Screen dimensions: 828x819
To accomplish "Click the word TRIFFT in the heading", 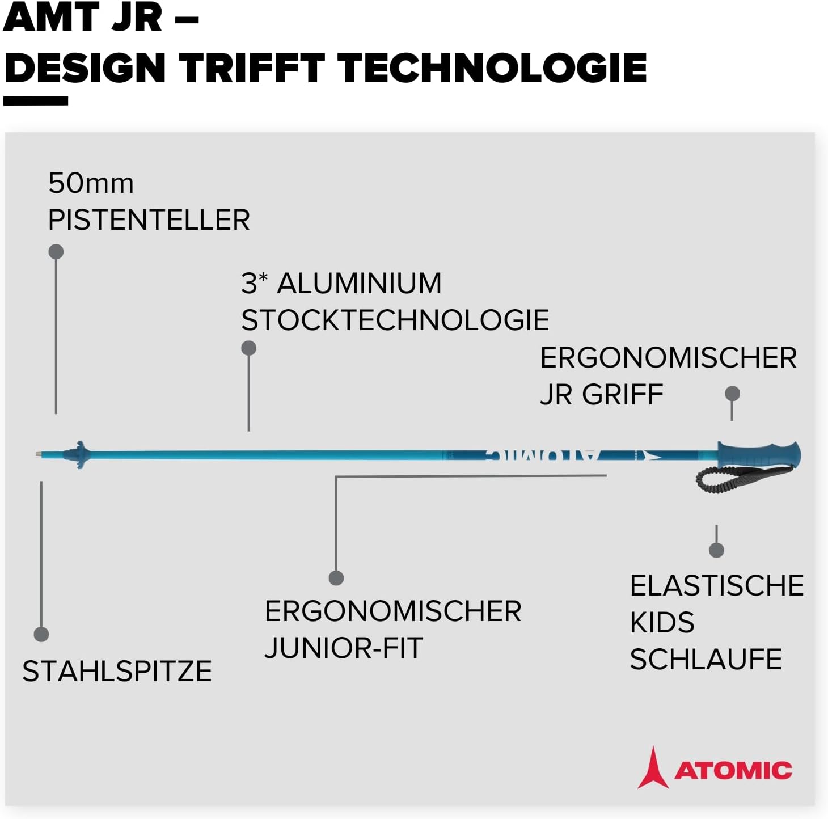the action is [252, 68].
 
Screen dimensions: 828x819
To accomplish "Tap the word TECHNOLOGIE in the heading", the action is [492, 68].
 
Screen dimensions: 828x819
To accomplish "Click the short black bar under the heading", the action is [36, 101].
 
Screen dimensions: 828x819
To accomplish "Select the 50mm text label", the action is [91, 184].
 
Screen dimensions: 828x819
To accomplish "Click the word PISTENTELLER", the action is [149, 219].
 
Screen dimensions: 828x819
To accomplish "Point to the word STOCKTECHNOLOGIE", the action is [395, 320].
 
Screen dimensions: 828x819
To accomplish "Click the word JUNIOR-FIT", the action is [344, 648].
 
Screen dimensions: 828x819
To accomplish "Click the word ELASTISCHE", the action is [717, 585].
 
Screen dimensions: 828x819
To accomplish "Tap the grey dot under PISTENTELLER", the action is [56, 251].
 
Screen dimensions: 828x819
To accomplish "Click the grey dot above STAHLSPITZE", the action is [41, 634].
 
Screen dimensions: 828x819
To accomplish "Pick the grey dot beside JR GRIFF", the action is [732, 394].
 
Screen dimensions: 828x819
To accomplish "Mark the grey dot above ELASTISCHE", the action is [716, 550].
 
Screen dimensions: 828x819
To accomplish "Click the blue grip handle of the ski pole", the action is [759, 454].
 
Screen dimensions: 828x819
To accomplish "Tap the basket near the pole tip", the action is [78, 454].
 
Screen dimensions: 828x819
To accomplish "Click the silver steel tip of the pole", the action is [40, 454].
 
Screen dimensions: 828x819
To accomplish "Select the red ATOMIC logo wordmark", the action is [733, 770].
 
